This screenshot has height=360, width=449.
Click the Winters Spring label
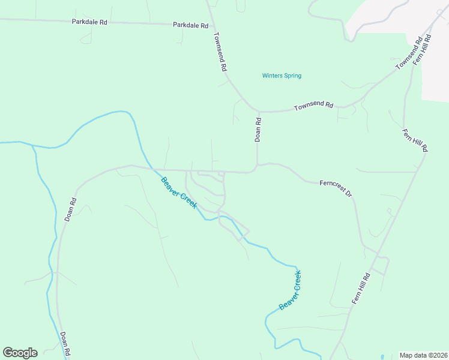(282, 76)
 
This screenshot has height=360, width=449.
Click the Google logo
(20, 352)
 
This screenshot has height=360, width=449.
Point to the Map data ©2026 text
(423, 355)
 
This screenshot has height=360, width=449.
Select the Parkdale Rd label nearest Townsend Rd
(190, 26)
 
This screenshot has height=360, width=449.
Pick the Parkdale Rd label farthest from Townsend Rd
(89, 22)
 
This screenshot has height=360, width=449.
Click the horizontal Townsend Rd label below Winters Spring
(313, 106)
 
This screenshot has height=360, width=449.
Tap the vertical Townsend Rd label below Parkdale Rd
(219, 52)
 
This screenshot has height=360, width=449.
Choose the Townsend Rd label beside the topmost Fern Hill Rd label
(409, 54)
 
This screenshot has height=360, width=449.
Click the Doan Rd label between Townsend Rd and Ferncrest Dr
(258, 129)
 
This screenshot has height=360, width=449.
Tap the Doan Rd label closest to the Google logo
(65, 344)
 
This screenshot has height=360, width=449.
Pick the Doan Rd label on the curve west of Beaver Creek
(70, 209)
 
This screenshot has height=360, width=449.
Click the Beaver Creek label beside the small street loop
(178, 193)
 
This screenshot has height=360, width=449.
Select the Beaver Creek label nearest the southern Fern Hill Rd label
(290, 290)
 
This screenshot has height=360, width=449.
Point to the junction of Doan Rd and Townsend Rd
(259, 112)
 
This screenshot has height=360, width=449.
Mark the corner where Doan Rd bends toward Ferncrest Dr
(257, 166)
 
